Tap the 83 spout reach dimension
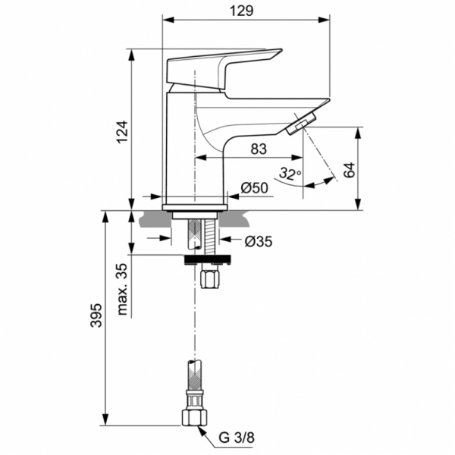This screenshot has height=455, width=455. coord(258,149)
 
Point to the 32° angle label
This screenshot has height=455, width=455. coord(288,174)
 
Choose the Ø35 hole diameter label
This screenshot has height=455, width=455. coord(259,241)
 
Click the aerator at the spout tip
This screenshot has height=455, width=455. coord(301,124)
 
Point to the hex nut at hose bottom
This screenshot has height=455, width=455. coord(193,418)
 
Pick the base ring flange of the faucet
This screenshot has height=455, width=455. coord(196,206)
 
